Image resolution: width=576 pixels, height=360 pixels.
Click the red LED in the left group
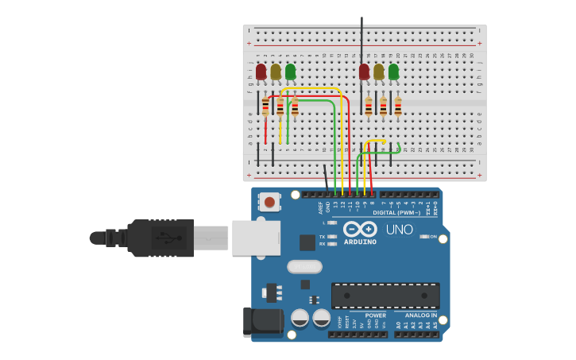tap(261, 72)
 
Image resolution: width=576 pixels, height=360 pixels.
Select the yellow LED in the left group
tap(276, 72)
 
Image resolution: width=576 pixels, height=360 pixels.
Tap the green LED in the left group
tap(290, 72)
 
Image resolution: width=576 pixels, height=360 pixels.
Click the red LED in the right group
tap(364, 72)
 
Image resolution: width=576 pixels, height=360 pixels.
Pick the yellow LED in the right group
tap(379, 72)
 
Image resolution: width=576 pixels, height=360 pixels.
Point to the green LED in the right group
tap(393, 72)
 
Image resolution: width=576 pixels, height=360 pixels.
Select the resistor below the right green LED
tap(398, 106)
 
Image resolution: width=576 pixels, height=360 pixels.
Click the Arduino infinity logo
tap(360, 230)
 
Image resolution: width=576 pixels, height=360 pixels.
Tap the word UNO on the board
tap(399, 230)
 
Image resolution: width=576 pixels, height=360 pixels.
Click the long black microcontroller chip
tap(385, 296)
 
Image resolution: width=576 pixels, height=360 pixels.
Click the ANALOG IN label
tap(421, 315)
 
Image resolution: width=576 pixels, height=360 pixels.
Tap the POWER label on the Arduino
tap(375, 315)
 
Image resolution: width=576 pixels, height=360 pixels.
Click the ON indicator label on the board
tap(433, 236)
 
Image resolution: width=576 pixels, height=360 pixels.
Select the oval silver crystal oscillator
tap(304, 267)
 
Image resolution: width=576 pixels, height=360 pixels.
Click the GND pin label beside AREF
tap(327, 207)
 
